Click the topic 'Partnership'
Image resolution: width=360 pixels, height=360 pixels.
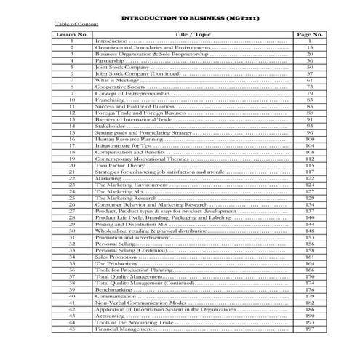(111, 60)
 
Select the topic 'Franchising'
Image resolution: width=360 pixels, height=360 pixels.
(111, 100)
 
